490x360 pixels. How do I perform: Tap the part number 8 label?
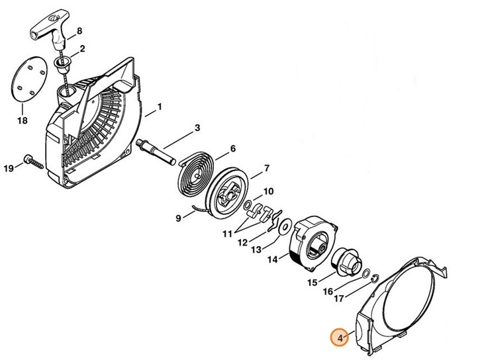tap(79, 31)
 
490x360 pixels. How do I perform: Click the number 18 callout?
tap(23, 121)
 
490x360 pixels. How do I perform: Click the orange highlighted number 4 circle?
tap(340, 337)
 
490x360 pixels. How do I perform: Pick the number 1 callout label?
tap(160, 107)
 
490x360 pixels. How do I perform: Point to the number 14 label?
tap(271, 260)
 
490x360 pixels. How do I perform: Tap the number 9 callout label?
tap(179, 218)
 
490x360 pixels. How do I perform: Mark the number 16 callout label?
tap(328, 292)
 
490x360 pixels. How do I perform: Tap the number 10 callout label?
tap(268, 192)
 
